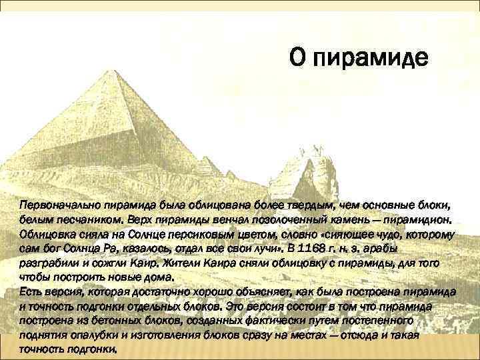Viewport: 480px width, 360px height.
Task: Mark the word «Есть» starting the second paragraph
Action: [30, 293]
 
